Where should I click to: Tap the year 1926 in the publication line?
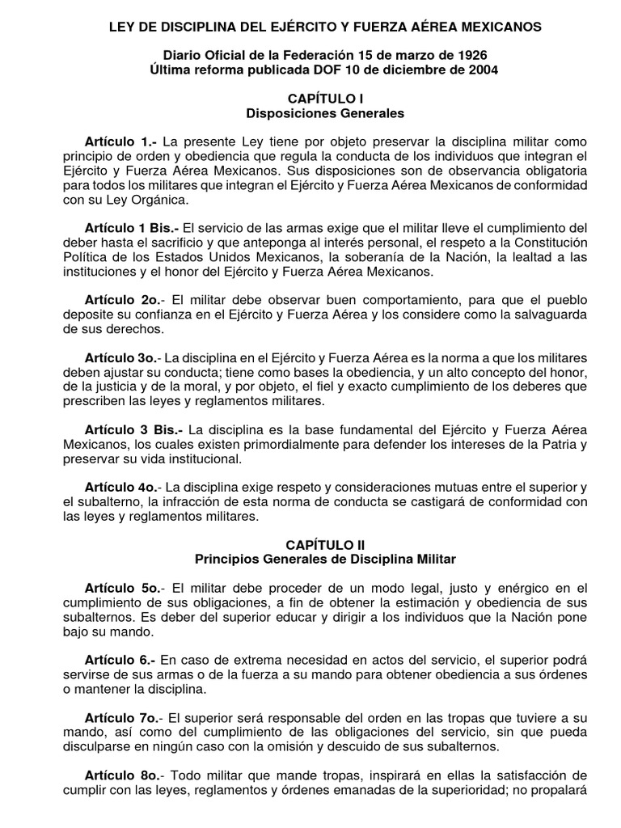point(467,55)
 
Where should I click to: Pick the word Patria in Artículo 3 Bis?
point(555,444)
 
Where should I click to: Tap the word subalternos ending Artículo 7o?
point(459,746)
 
